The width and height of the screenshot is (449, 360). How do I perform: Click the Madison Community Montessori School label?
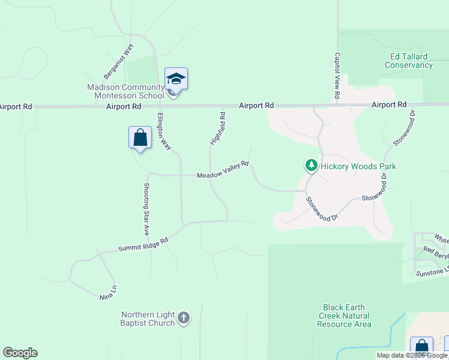125,91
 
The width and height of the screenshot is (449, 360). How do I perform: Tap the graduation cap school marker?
176,79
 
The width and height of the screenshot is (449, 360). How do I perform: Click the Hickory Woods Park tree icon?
311,165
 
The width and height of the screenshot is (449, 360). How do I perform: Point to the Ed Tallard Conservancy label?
409,61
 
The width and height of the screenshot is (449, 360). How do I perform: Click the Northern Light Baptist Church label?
148,319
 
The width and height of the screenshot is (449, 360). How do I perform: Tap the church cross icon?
184,318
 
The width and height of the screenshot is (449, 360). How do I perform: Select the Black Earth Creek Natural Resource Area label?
344,316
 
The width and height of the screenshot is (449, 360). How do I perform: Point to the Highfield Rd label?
218,128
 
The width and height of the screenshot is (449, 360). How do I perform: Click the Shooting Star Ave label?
146,208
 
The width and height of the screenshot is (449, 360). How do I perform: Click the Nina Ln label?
109,292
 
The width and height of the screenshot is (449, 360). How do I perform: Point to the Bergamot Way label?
118,61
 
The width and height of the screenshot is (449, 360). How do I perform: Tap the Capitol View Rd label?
337,76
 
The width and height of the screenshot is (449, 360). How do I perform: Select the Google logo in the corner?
20,353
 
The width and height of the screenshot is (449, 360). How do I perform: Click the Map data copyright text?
412,356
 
